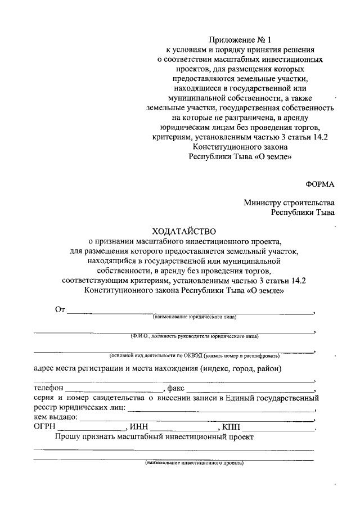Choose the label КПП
232,427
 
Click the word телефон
48,389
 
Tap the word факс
177,389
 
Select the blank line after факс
251,390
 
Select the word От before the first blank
61,310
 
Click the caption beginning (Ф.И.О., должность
193,336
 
